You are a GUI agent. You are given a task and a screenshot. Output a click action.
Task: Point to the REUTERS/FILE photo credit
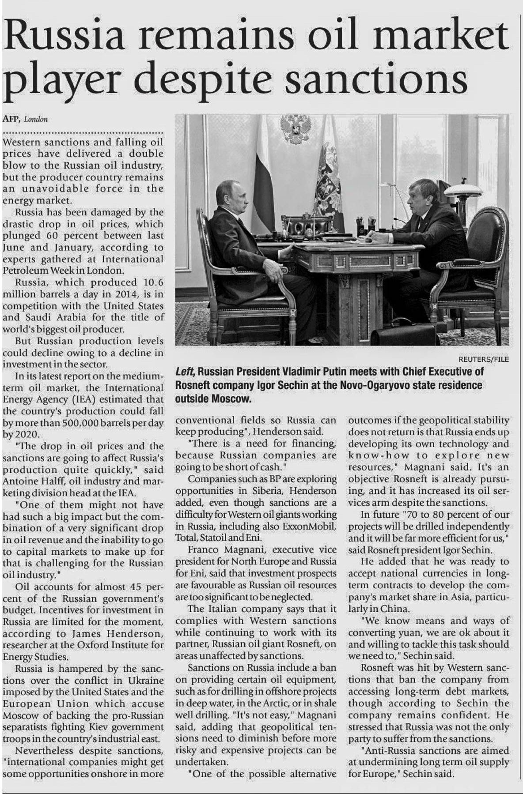tap(484, 359)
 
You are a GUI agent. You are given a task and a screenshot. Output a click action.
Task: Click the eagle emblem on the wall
tap(295, 129)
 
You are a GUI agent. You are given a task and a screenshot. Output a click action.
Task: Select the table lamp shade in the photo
tap(463, 190)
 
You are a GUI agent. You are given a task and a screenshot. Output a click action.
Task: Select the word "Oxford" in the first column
tap(92, 645)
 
